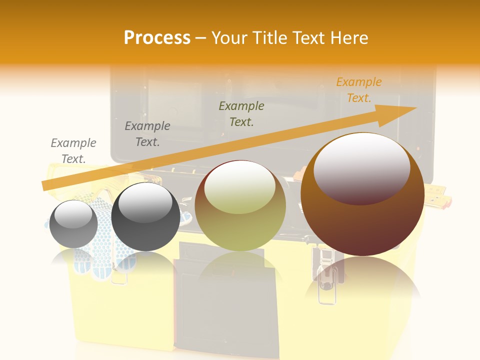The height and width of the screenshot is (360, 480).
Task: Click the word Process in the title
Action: coord(157,38)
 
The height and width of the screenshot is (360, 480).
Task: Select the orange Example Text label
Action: coord(358,90)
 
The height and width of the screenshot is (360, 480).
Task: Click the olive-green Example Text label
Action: coord(241,113)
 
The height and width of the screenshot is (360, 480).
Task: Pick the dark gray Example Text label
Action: coord(147,134)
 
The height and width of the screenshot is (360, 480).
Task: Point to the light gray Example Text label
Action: coord(73,150)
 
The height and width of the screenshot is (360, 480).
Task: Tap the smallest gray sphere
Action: coord(74,224)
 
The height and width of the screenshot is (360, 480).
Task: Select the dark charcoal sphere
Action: coord(145,217)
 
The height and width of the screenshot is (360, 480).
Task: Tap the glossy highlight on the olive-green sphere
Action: coord(239,186)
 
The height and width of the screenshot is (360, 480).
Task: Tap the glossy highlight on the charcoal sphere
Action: coord(145,202)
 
